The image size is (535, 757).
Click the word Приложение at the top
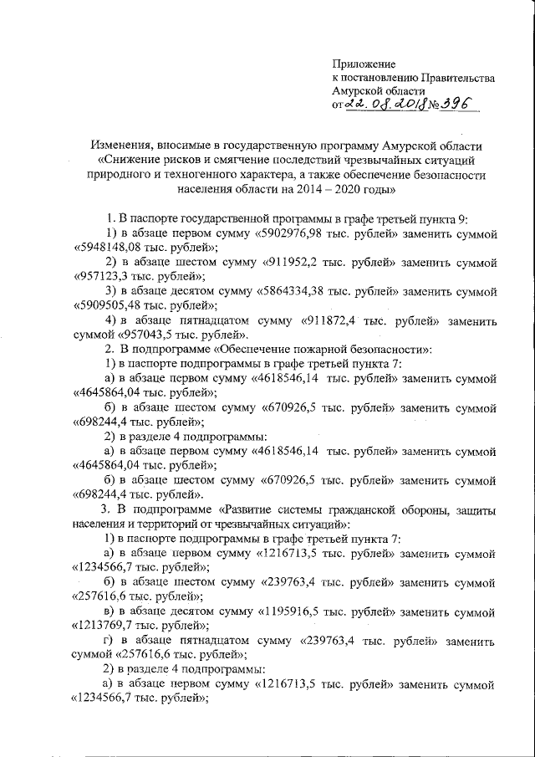coord(364,64)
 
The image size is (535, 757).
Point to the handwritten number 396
coord(454,104)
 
